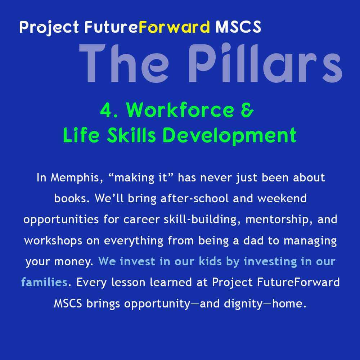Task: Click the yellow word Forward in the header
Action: [174, 27]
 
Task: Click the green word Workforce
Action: [180, 110]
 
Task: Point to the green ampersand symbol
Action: [247, 110]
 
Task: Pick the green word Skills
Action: [131, 135]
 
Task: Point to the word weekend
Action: [282, 198]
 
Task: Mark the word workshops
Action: [53, 241]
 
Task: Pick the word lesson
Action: [128, 282]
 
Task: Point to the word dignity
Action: [243, 304]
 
